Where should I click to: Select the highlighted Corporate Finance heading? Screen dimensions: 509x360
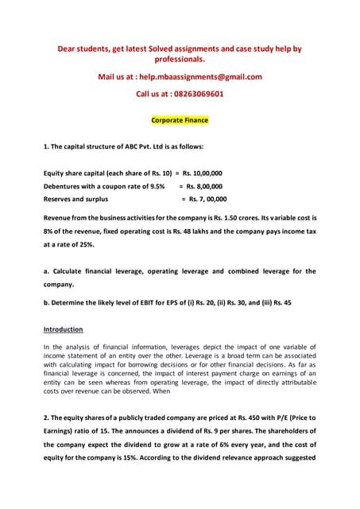tap(180, 121)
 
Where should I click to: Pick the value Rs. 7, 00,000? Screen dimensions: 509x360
tap(205, 200)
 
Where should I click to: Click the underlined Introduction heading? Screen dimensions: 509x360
tap(63, 329)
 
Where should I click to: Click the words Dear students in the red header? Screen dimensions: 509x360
tap(86, 49)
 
